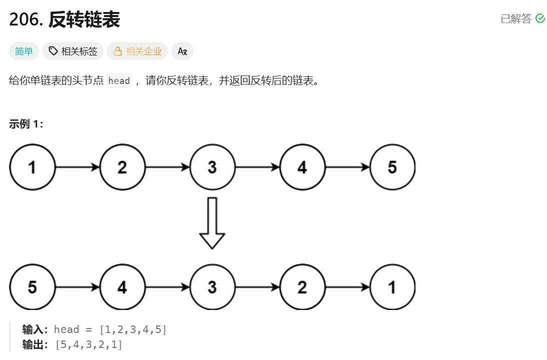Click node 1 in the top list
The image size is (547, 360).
coord(32,167)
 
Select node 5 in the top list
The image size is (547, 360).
coord(392,167)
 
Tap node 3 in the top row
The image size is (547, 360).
coord(212,167)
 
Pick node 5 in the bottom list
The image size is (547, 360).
coord(32,287)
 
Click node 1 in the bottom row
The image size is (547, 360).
coord(392,287)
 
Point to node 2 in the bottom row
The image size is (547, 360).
coord(302,287)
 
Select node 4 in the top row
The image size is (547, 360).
coord(302,167)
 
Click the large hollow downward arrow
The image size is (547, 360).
coord(212,223)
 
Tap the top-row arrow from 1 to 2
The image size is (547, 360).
coord(77,167)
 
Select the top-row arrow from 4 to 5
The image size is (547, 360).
coord(347,167)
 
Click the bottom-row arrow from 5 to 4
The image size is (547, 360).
coord(77,287)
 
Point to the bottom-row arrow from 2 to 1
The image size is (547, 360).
coord(347,287)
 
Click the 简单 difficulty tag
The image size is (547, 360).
coord(24,51)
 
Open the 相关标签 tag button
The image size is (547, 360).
coord(73,51)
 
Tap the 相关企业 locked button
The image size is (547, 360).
coord(137,51)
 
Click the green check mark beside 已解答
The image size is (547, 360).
coord(540,18)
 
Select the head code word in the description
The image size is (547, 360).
coord(119,81)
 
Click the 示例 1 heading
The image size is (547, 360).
coord(26,124)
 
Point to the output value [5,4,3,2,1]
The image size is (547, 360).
coord(89,344)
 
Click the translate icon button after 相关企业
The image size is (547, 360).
coord(182,51)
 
